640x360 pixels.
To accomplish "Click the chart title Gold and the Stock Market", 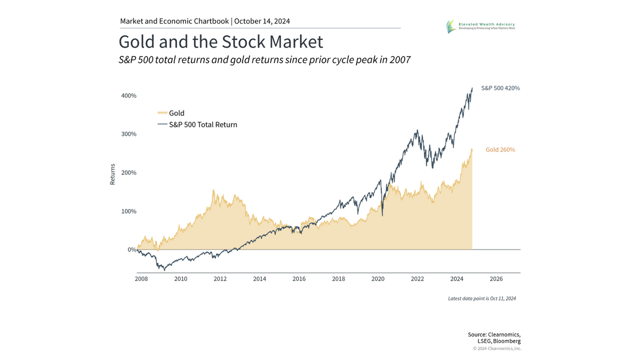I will pos(220,42).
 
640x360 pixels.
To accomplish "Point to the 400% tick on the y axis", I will pos(128,95).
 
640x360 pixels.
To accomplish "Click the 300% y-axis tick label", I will pos(128,134).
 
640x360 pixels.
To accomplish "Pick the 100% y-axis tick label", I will pos(128,211).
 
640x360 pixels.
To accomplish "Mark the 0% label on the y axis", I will pos(131,250).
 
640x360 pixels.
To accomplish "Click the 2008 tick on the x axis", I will pos(141,278).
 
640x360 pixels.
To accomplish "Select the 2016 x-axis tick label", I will pos(299,278).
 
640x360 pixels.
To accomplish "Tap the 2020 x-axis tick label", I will pos(378,278).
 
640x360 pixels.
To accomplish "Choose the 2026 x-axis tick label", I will pos(496,278).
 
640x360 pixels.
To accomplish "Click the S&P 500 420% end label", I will pos(500,88).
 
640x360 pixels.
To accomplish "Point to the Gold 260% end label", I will pos(500,150).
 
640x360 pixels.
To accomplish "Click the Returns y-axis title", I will pos(113,174).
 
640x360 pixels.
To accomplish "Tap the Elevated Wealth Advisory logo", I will pos(481,26).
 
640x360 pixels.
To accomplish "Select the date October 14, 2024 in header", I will pos(262,21).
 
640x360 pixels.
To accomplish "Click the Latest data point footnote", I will pos(482,299).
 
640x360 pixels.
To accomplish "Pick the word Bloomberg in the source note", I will pos(507,341).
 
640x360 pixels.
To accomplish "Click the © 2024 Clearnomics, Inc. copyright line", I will pos(497,348).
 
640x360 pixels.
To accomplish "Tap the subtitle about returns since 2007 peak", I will pos(265,60).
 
